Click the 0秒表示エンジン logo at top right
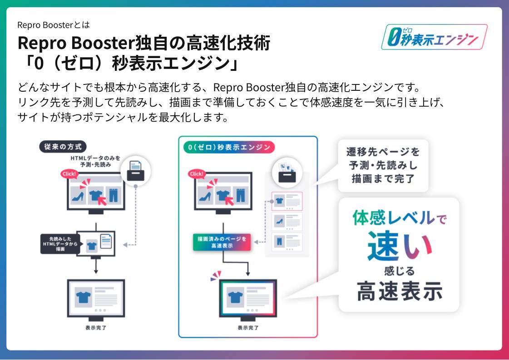[x=434, y=37]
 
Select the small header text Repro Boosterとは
[x=50, y=25]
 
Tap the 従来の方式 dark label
[x=63, y=147]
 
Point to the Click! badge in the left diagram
[x=69, y=174]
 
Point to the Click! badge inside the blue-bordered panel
[x=197, y=174]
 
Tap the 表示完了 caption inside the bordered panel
[x=248, y=327]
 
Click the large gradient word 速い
[x=400, y=245]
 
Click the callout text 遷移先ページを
[x=383, y=152]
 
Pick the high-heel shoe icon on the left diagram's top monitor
[x=78, y=196]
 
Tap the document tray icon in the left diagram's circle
[x=136, y=171]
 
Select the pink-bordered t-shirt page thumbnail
[x=287, y=201]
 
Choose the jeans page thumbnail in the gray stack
[x=287, y=242]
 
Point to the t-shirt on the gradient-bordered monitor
[x=234, y=297]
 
